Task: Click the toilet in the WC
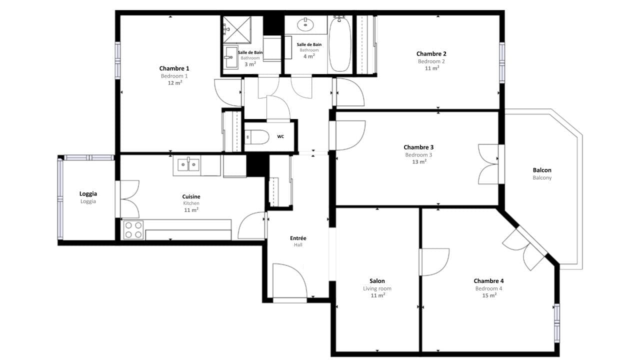[254, 136]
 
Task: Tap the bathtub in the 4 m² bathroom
[340, 44]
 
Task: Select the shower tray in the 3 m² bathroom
[236, 29]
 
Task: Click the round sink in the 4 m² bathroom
[304, 24]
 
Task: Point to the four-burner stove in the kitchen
[133, 230]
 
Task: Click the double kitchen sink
[188, 164]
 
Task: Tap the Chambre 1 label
[174, 68]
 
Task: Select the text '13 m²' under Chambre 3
[418, 162]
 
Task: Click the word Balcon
[542, 170]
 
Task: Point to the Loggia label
[88, 194]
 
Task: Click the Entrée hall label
[298, 238]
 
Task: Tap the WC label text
[280, 136]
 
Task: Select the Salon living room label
[377, 281]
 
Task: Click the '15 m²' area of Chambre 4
[488, 295]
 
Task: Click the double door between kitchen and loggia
[129, 199]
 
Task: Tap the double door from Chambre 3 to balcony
[488, 164]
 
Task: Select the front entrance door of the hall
[289, 282]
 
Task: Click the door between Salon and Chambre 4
[434, 261]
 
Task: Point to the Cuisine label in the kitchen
[191, 196]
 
